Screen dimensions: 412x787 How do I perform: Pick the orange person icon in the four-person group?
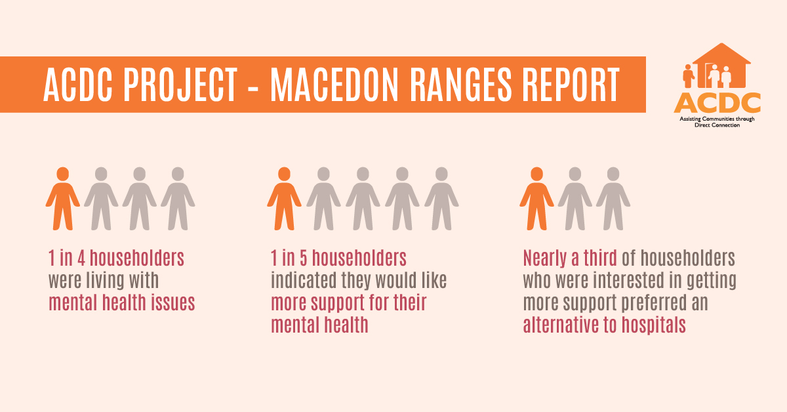(x=62, y=198)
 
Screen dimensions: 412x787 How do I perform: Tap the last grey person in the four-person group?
(x=178, y=198)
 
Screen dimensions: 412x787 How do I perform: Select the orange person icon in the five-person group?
(x=284, y=198)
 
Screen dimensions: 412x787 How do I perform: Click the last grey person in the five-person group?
(x=441, y=198)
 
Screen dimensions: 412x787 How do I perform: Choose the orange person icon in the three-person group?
(x=537, y=198)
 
